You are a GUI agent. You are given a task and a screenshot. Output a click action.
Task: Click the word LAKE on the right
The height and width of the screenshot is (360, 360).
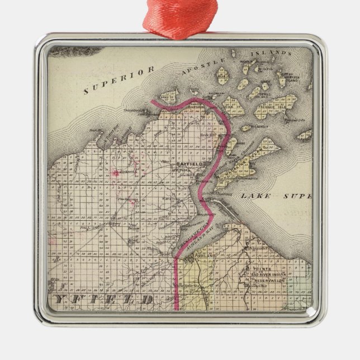pos(255,196)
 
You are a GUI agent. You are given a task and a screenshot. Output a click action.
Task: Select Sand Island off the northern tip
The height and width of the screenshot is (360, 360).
pos(168,96)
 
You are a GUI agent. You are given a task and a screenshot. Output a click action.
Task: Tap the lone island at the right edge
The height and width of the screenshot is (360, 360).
pos(305,135)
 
